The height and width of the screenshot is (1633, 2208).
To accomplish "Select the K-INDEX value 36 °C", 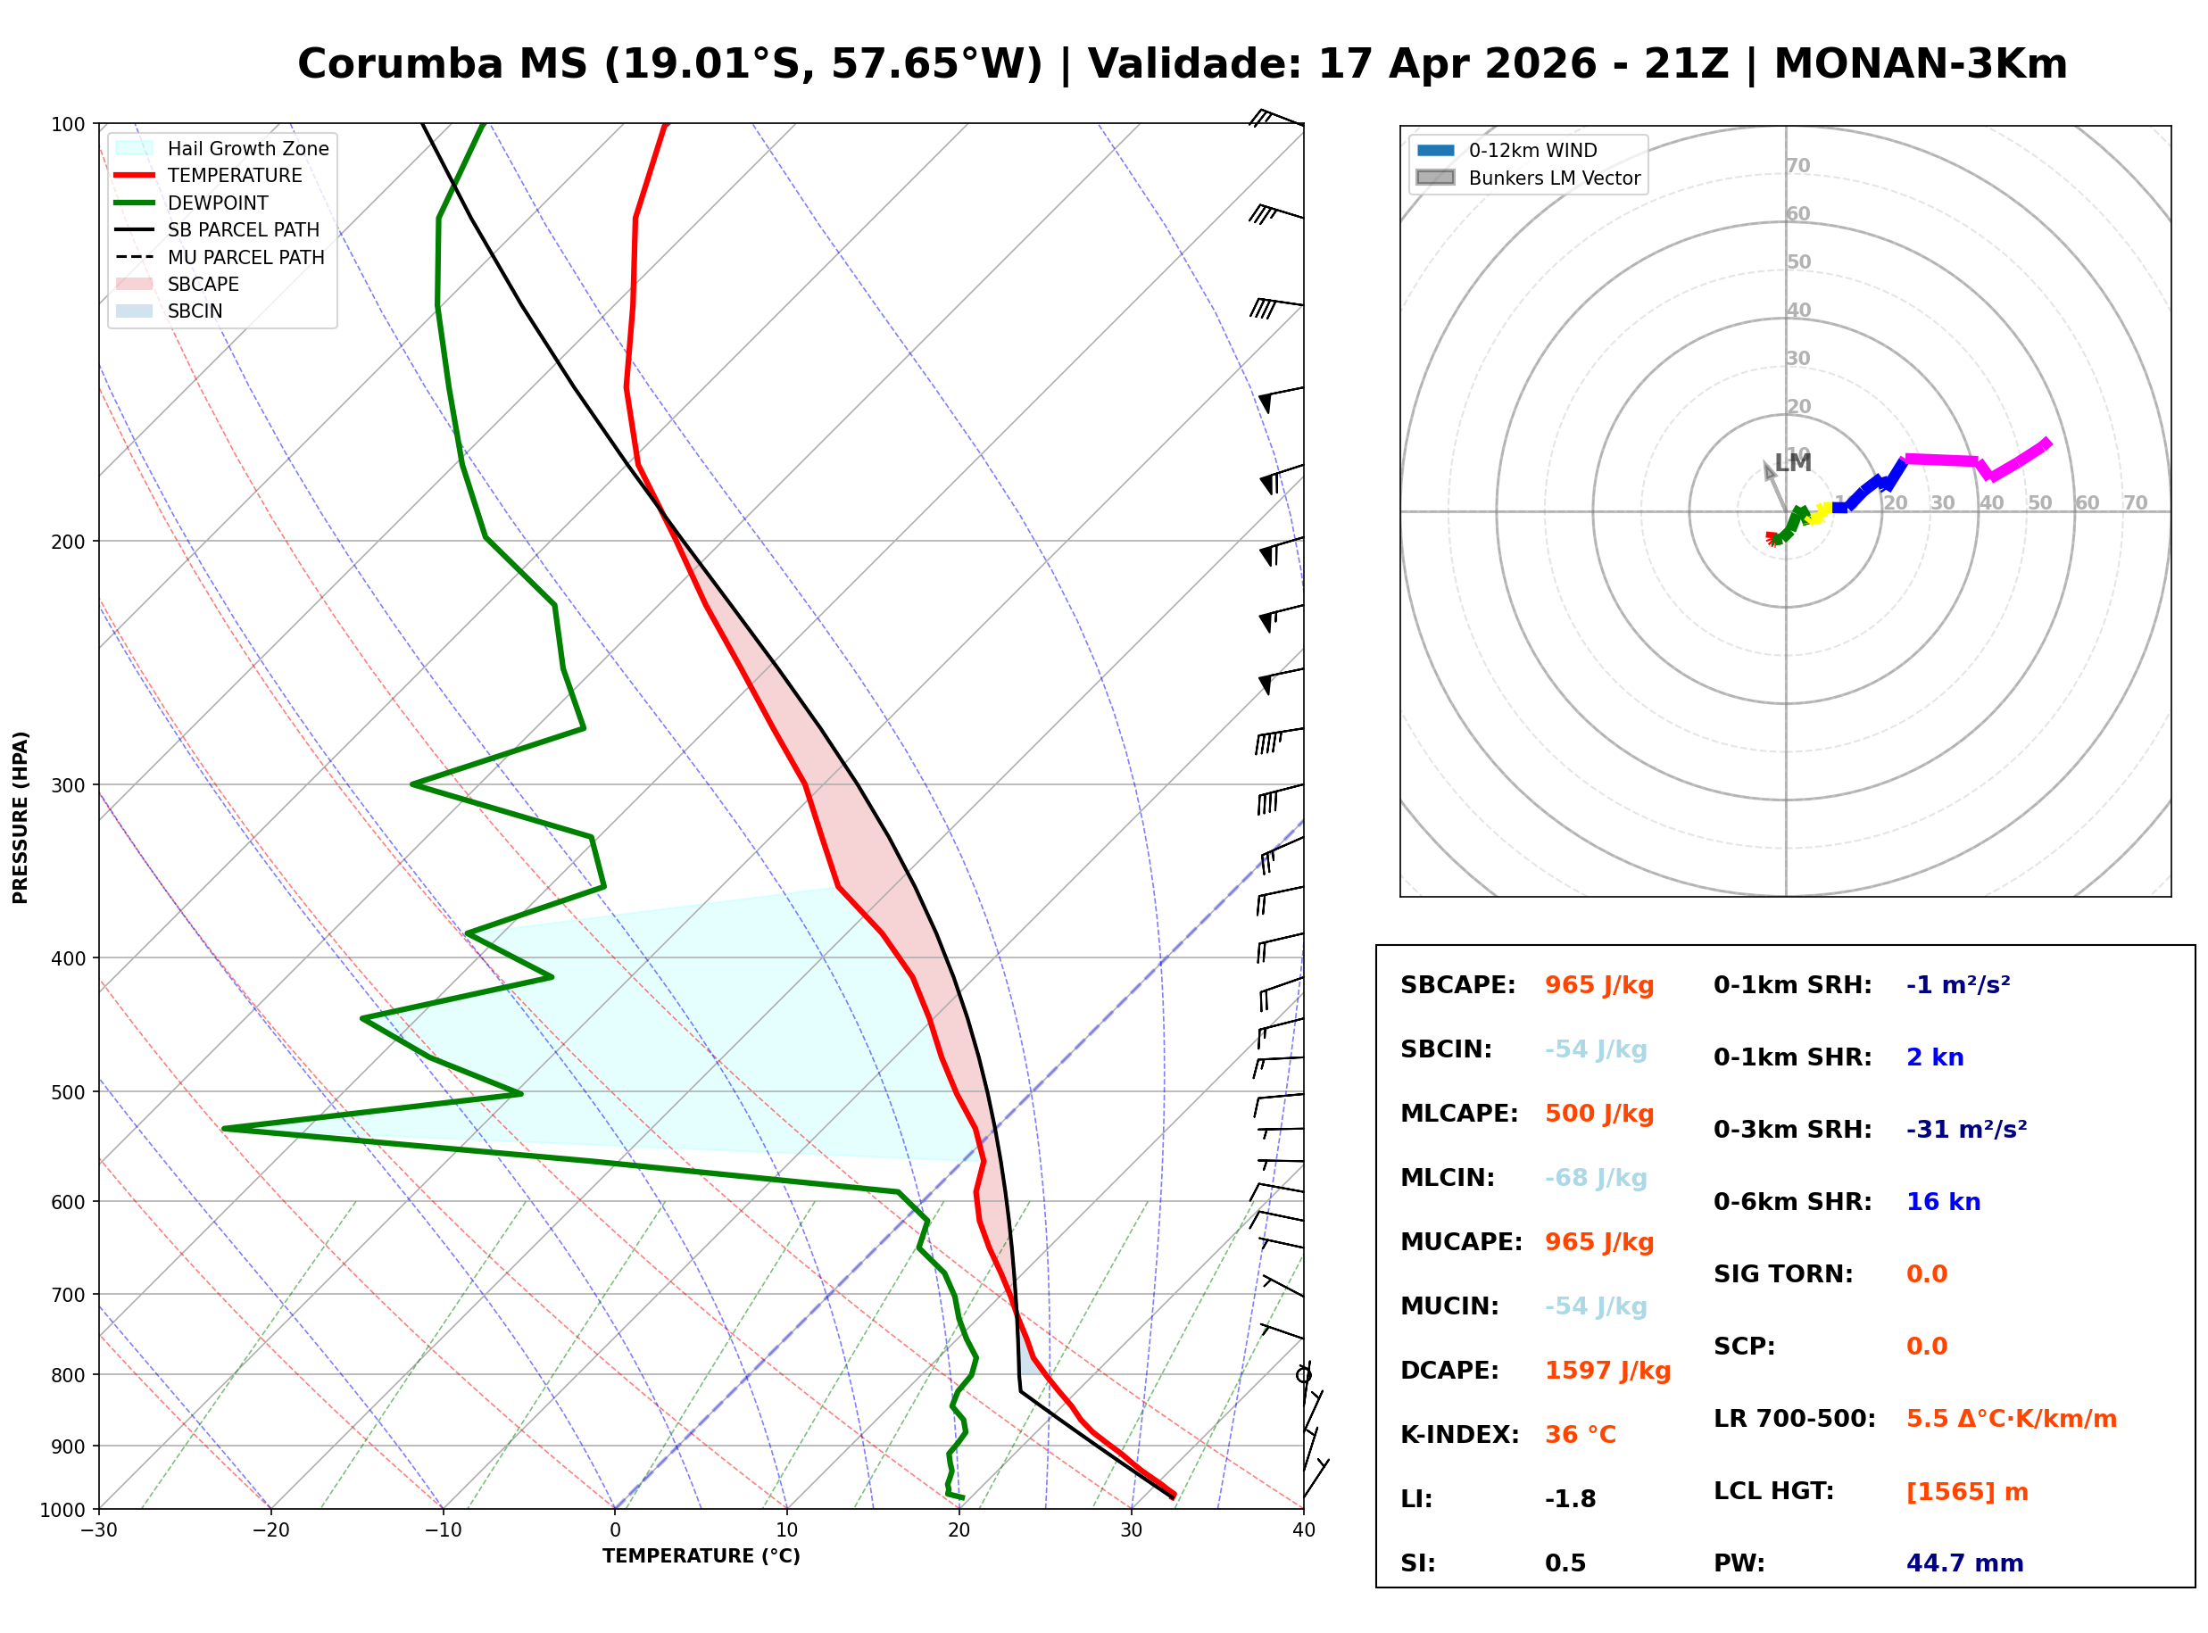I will coord(1580,1435).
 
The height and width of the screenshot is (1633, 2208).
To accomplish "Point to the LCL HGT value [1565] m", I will coord(1967,1492).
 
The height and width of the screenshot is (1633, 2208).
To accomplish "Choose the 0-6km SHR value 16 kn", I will coord(1943,1202).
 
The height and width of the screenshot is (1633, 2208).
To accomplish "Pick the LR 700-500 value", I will coord(2012,1420).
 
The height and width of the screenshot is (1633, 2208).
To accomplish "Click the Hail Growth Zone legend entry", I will coord(247,148).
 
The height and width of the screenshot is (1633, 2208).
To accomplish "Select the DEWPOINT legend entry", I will coord(218,203).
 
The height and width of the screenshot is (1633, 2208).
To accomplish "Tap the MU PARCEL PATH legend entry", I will coord(245,257).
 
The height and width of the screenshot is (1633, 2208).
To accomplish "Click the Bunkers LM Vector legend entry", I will coord(1554,178).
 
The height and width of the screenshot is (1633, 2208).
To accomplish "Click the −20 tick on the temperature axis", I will coord(270,1530).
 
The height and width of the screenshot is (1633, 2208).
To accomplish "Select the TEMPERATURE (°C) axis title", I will coord(701,1556).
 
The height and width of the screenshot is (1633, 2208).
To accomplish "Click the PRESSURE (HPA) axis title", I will coord(21,817).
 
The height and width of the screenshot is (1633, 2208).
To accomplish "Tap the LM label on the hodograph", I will coord(1793,462).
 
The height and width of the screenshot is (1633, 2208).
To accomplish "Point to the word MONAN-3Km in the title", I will coord(1920,64).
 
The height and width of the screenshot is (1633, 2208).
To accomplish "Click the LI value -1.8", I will coord(1570,1499).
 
